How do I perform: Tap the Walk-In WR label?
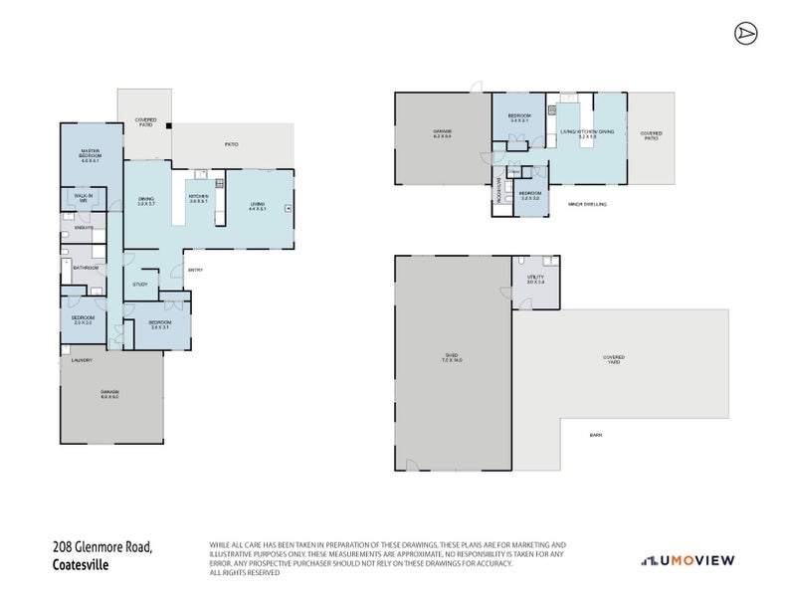pos(84,198)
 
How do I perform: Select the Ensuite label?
pos(84,228)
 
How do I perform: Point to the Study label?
pos(140,285)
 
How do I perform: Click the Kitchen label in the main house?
pos(198,199)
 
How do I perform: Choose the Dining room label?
pos(146,202)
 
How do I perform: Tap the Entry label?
pos(195,270)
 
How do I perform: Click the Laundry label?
pos(83,360)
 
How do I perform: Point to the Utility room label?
pos(535,280)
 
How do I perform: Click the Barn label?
pos(595,435)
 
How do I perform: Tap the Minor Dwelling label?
pos(587,204)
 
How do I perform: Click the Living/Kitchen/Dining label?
pos(587,131)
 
